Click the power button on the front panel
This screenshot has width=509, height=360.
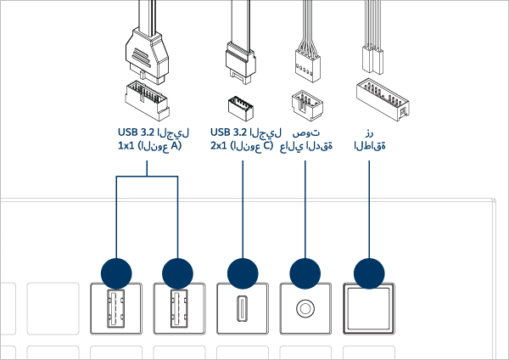tap(368, 307)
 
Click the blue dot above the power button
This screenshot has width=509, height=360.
tap(368, 273)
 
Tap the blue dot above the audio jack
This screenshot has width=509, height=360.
tap(305, 273)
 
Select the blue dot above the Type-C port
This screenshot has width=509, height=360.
tap(243, 273)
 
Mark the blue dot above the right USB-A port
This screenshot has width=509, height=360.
tap(178, 273)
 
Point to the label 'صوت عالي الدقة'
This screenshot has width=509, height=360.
tap(305, 140)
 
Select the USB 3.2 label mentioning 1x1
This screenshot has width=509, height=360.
tap(151, 140)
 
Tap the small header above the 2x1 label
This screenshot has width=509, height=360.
tap(242, 107)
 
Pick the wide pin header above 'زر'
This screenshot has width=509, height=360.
tap(378, 97)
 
